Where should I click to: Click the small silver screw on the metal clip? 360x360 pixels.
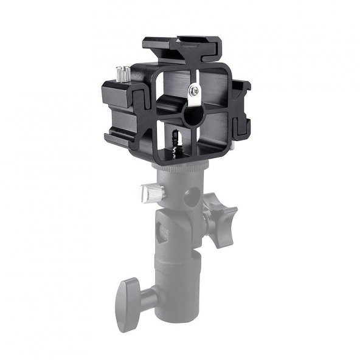(x=194, y=91)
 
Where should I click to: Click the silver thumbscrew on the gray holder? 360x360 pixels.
(x=150, y=193)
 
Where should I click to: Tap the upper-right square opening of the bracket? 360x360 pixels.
(x=210, y=91)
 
